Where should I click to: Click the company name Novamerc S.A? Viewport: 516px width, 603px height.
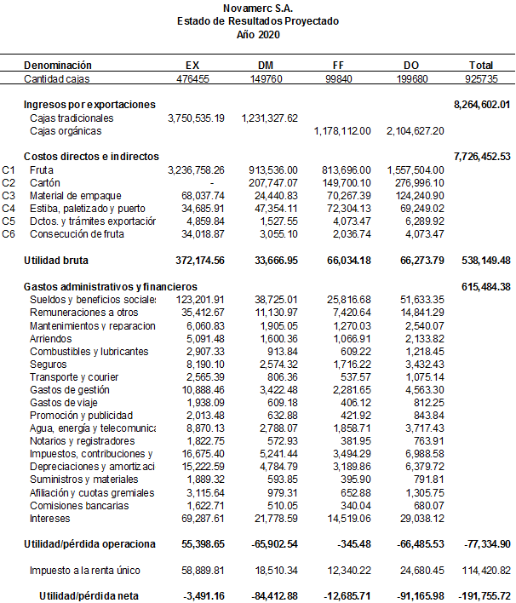point(257,8)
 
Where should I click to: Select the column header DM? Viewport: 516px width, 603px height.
point(265,66)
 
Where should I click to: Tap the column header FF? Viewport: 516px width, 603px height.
point(338,66)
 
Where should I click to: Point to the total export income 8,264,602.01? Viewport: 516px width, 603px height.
point(482,104)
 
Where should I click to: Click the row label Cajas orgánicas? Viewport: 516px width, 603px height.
point(66,131)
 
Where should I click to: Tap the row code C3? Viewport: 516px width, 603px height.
point(9,195)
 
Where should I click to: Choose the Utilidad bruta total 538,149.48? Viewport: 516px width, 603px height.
point(482,259)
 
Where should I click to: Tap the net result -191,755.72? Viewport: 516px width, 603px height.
point(482,595)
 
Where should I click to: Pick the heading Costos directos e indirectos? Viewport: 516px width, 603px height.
point(91,157)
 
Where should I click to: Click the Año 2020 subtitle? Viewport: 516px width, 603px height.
point(257,35)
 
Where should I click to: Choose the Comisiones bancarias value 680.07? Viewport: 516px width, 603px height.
point(427,505)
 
